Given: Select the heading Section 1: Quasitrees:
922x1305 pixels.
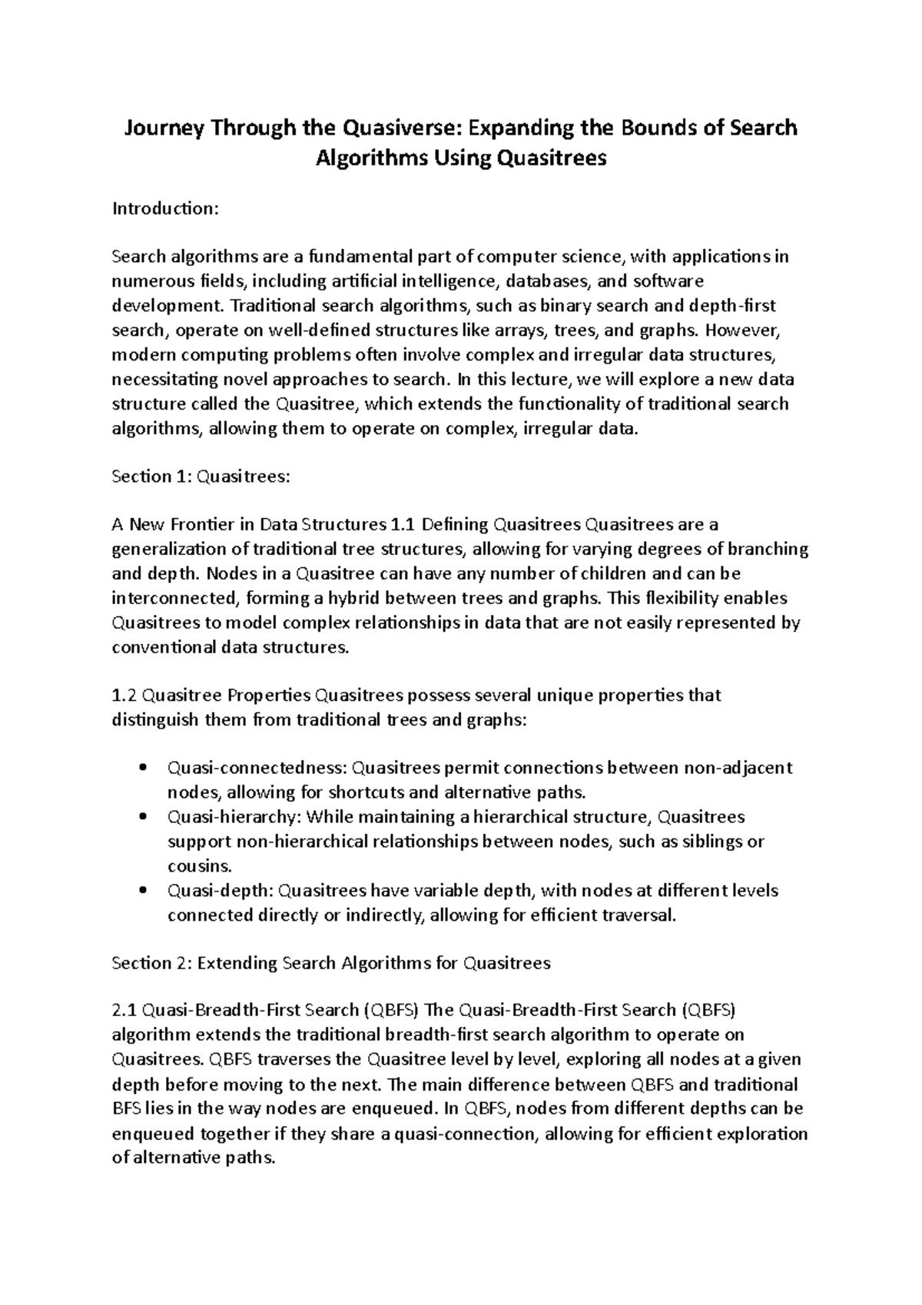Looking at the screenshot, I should point(201,477).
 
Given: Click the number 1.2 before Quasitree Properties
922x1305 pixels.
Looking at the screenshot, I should point(124,696).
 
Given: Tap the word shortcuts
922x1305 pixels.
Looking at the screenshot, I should point(369,792).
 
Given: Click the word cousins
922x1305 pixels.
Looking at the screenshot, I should point(199,866).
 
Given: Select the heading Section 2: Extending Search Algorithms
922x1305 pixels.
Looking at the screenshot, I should point(331,963).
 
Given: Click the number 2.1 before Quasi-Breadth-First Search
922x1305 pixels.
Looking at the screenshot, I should point(124,1010).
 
